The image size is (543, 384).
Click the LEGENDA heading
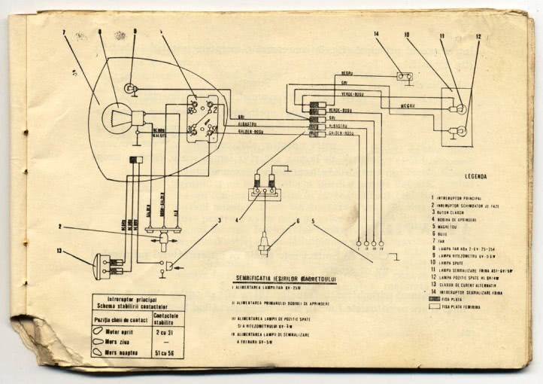pyautogui.click(x=471, y=177)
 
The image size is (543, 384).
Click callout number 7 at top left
pyautogui.click(x=65, y=32)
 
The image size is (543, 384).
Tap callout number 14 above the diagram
pyautogui.click(x=377, y=35)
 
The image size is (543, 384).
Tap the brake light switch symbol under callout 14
pyautogui.click(x=405, y=75)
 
